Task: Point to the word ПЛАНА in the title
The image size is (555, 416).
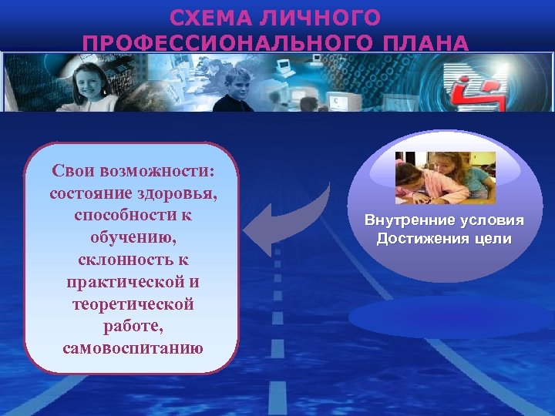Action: [x=429, y=42]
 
